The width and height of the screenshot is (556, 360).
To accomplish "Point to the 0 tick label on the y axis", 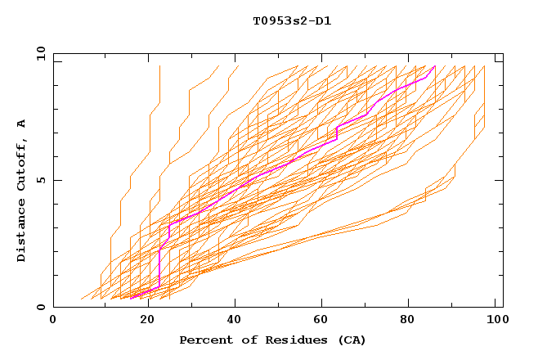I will tap(41, 308).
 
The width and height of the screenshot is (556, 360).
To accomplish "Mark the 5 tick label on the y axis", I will tap(41, 180).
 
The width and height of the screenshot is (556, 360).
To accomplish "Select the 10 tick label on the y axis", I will tap(38, 53).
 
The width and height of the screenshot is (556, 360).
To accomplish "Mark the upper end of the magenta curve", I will tap(435, 66).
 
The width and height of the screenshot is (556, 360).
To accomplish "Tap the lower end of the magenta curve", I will tap(131, 298).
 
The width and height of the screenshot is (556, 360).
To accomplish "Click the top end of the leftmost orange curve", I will tap(159, 66).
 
